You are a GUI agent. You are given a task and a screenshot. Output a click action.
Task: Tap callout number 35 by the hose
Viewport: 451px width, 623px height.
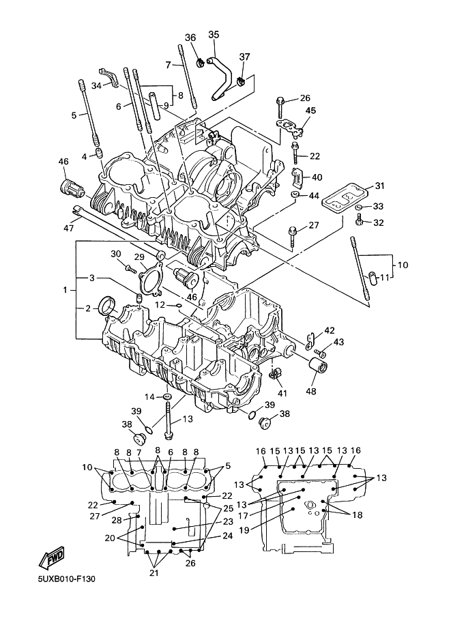click(214, 35)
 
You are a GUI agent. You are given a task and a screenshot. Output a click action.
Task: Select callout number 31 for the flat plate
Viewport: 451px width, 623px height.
click(379, 186)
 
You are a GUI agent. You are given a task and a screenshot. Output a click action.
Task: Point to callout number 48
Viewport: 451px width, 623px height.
click(312, 391)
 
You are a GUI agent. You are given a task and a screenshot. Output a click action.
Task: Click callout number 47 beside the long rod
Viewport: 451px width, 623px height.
click(68, 228)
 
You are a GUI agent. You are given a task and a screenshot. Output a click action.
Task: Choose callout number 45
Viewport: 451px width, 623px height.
click(310, 111)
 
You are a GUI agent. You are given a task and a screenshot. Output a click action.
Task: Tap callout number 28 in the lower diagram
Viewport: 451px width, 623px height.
click(117, 521)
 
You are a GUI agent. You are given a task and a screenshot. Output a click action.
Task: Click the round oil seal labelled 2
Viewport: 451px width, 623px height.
click(107, 305)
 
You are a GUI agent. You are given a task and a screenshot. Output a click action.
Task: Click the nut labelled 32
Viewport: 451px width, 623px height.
click(359, 220)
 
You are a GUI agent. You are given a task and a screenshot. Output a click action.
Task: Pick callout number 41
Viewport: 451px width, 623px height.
click(281, 394)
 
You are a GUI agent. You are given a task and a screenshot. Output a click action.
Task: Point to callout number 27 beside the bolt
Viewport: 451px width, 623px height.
click(313, 225)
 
